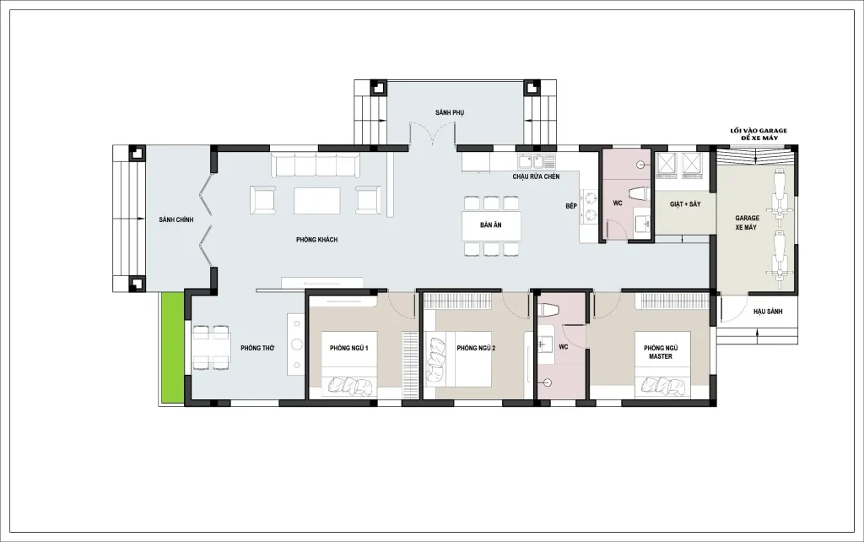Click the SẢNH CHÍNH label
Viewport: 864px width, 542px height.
[175, 220]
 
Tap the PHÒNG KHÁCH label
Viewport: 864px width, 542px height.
[317, 240]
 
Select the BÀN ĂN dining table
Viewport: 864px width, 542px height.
[491, 225]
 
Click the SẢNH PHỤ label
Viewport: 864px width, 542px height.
[450, 112]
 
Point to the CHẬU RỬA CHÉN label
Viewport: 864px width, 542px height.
[536, 176]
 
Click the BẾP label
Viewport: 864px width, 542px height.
[571, 206]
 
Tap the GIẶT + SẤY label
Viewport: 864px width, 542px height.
[685, 204]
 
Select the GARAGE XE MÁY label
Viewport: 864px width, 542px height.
[747, 223]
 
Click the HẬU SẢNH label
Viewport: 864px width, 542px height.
[768, 312]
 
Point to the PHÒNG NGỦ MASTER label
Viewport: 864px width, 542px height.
[661, 352]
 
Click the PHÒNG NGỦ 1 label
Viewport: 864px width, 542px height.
[349, 348]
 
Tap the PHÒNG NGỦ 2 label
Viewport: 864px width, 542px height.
[476, 348]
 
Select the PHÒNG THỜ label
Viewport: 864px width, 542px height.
[257, 348]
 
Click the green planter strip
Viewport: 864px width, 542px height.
[172, 347]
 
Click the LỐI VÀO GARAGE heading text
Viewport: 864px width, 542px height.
[759, 131]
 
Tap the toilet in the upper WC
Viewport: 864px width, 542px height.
[640, 194]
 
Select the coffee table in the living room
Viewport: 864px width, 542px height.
[317, 201]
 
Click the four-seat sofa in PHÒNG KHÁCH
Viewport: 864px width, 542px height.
[316, 165]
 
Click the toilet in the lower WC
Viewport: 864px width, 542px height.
[548, 311]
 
